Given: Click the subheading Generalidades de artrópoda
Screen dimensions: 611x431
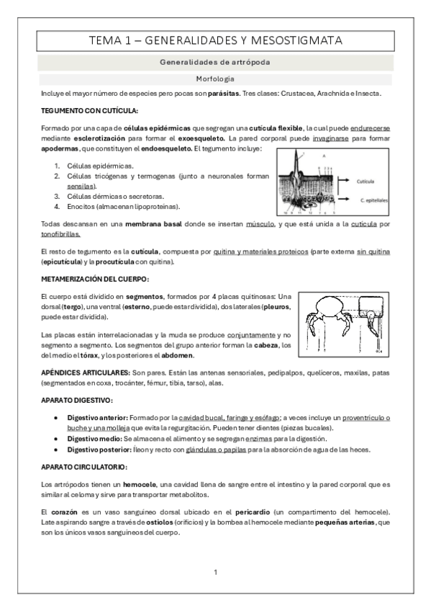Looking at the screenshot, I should click(x=215, y=63).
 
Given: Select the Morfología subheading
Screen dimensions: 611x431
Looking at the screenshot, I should click(x=215, y=79).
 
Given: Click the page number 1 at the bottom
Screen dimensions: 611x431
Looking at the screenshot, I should click(x=215, y=572).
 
